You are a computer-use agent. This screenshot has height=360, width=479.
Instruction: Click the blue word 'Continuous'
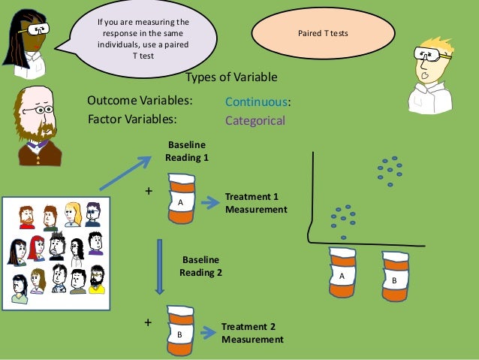click(x=258, y=102)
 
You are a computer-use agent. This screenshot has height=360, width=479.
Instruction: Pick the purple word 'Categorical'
click(x=255, y=120)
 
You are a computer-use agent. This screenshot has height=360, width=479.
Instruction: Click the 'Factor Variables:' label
click(x=132, y=119)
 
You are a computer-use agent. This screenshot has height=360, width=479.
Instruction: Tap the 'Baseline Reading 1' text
click(x=186, y=152)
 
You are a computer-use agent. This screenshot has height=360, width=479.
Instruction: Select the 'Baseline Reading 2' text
click(x=200, y=266)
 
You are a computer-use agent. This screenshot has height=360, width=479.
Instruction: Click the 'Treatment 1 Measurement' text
click(x=256, y=203)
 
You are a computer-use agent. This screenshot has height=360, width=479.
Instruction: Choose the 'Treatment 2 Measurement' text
click(x=252, y=333)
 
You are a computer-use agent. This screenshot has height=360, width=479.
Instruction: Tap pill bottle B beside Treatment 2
click(x=181, y=331)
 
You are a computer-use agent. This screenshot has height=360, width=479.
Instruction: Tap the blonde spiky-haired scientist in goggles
click(x=431, y=75)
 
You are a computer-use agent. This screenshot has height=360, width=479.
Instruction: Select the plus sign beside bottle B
click(x=148, y=322)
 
